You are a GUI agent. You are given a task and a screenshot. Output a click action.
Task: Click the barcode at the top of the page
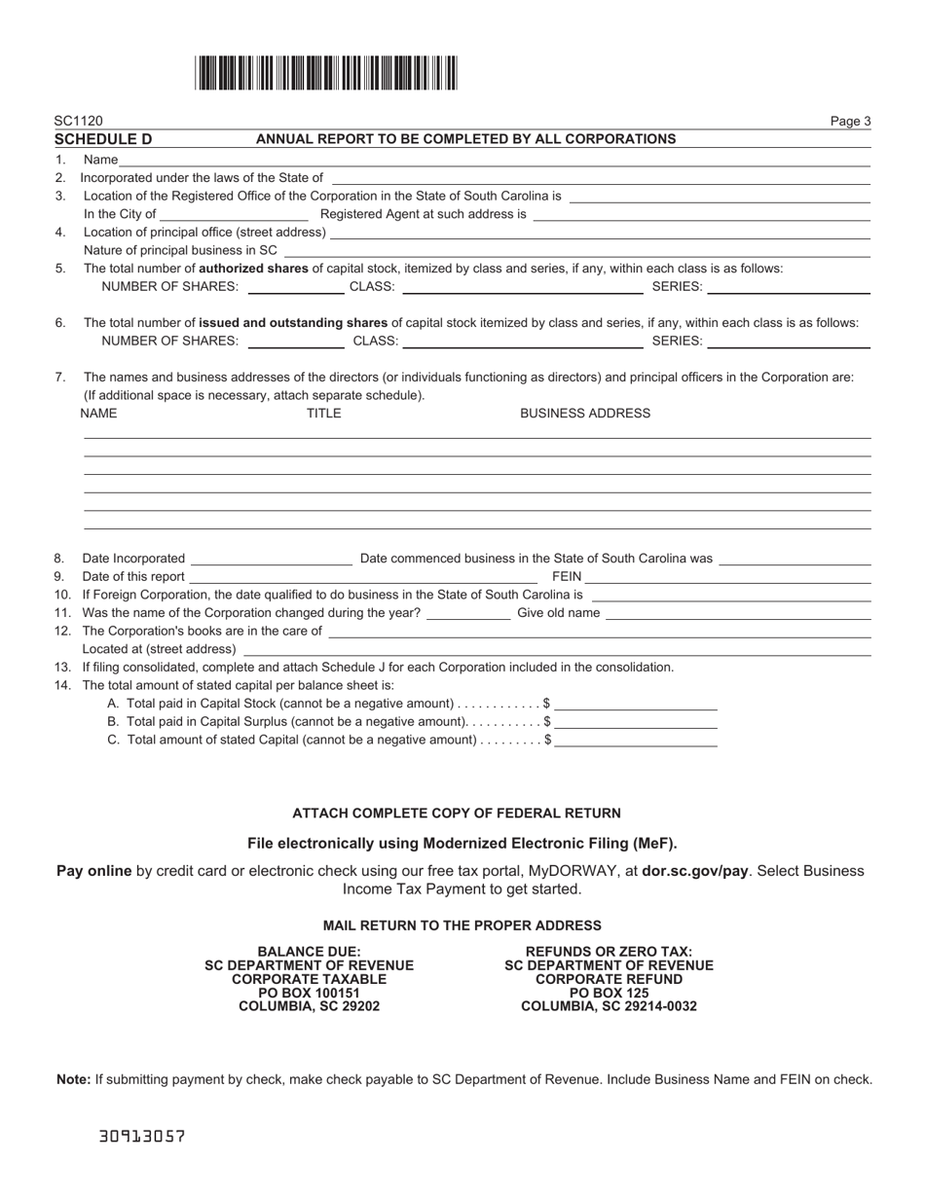pos(326,73)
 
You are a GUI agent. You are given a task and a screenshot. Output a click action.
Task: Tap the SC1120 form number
pos(78,122)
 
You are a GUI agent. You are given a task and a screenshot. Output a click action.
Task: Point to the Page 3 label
pos(850,122)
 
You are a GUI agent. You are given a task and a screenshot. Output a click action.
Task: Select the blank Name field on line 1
pos(494,160)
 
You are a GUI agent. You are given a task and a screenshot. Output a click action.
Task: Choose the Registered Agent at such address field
pos(701,214)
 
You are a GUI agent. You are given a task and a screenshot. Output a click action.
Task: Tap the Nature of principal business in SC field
pos(576,250)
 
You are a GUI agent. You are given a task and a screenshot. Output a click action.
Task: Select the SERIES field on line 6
pos(789,341)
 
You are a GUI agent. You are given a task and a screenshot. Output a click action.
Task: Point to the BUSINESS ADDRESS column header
pos(584,414)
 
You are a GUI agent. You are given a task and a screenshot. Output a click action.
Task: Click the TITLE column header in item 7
pos(324,414)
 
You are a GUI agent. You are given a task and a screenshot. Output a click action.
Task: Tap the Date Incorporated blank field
pos(272,559)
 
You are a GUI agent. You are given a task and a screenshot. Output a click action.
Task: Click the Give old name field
pos(738,613)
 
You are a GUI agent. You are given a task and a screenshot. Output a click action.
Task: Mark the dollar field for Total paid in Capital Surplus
pos(636,722)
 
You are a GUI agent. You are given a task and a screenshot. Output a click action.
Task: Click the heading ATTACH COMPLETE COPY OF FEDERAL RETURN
pos(456,814)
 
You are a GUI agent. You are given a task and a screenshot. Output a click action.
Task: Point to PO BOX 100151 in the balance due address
pos(309,993)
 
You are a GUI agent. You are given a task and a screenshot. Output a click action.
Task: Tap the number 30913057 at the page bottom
pos(142,1136)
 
